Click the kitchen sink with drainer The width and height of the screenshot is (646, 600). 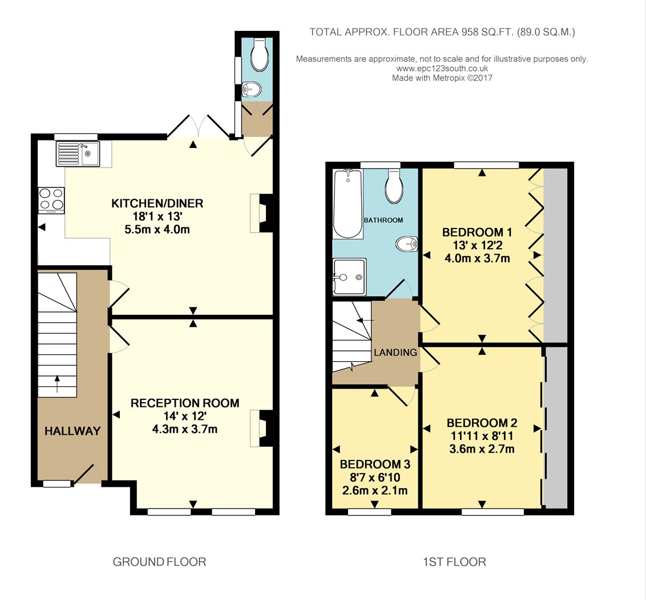coord(78,154)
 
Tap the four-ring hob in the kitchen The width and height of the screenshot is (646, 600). coord(51,201)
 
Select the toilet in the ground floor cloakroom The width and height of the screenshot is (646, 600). coord(259,54)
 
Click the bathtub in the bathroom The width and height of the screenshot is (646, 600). coord(348,204)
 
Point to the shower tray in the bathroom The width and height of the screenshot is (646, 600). coord(349,277)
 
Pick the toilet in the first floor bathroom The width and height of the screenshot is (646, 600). coord(394,186)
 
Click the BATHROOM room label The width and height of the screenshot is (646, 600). coord(383,221)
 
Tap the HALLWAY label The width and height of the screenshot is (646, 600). coord(72,431)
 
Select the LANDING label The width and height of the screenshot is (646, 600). coord(395,353)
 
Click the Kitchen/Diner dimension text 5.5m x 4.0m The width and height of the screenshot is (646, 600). coord(158,230)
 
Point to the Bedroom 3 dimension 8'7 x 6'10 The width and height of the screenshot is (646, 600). coord(375,478)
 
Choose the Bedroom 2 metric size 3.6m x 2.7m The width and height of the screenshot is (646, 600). coord(482,449)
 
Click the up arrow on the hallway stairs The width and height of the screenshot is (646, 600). coord(57,384)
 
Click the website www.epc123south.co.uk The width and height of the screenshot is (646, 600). coord(442,69)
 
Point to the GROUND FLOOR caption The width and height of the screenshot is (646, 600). coord(159,562)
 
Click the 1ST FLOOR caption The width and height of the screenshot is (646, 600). coord(454,562)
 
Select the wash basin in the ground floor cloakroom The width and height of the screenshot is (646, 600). coord(251,89)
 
